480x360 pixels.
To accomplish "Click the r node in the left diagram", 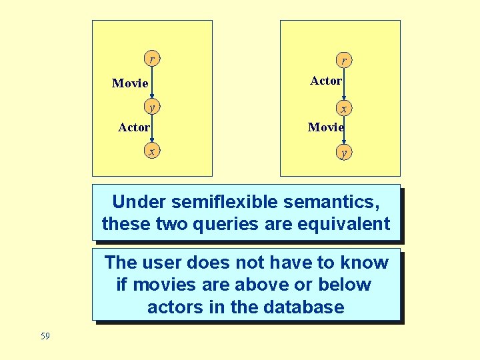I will pyautogui.click(x=152, y=59).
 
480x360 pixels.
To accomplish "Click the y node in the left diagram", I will pyautogui.click(x=152, y=107).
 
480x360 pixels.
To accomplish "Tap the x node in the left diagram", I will pyautogui.click(x=152, y=152).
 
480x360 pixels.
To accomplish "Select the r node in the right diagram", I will pyautogui.click(x=343, y=61).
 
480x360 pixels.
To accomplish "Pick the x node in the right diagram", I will pyautogui.click(x=343, y=108).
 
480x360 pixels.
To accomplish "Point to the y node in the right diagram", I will pyautogui.click(x=343, y=153).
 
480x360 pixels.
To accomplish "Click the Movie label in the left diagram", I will pyautogui.click(x=130, y=83).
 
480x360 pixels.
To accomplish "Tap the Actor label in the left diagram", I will pyautogui.click(x=134, y=127).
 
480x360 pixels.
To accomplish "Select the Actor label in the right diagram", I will pyautogui.click(x=326, y=81).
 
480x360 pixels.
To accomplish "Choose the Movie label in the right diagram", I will pyautogui.click(x=326, y=127).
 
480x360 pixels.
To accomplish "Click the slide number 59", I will pyautogui.click(x=45, y=336).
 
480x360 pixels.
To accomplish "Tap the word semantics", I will pyautogui.click(x=334, y=201).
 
